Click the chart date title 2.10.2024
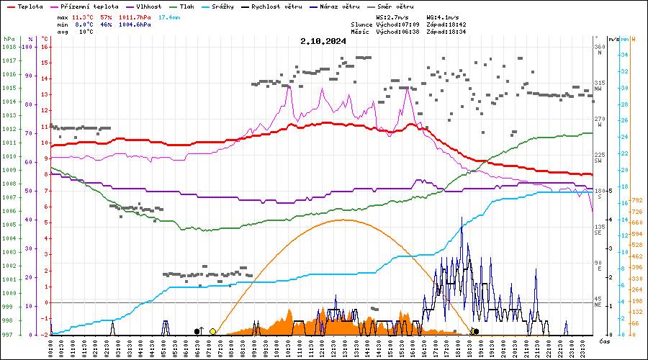[323, 41]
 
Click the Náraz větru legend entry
[339, 6]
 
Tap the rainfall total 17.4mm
[170, 17]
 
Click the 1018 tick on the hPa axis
[10, 47]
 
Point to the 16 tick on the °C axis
[45, 47]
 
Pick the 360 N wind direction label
[598, 50]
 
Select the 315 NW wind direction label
[598, 86]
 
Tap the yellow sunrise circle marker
[212, 331]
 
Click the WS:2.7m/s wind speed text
[393, 17]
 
